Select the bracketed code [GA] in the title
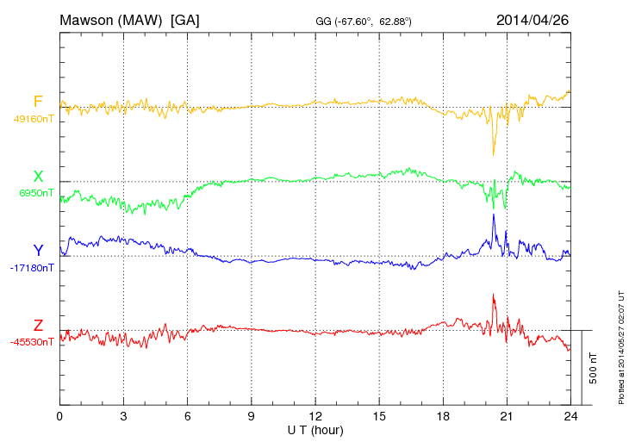(x=184, y=19)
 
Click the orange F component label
(x=38, y=102)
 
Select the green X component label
(x=38, y=177)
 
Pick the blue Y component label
(x=38, y=251)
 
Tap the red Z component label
(x=38, y=326)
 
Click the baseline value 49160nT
(x=34, y=119)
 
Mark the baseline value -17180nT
(x=34, y=268)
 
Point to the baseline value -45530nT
(x=34, y=342)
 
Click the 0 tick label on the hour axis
(x=59, y=416)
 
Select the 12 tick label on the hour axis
(x=315, y=416)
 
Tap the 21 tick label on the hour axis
(x=507, y=416)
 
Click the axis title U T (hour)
(x=314, y=429)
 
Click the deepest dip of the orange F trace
(x=493, y=155)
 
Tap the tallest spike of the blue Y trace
(x=493, y=215)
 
